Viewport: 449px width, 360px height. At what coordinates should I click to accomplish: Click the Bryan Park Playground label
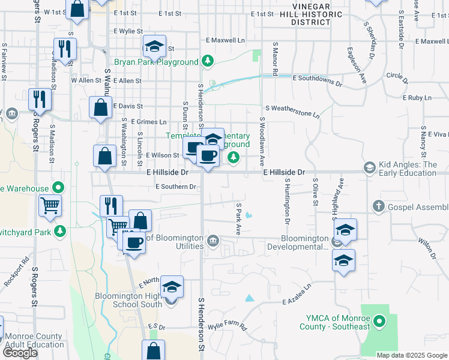[156, 62]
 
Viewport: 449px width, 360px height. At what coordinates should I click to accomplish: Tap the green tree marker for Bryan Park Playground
[207, 61]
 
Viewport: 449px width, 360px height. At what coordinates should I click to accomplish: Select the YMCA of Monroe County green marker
[379, 322]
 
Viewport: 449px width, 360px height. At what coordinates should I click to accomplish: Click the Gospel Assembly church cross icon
[379, 206]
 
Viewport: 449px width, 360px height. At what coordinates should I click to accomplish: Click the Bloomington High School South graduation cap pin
[172, 287]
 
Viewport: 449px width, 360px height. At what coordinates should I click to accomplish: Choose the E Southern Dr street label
[175, 187]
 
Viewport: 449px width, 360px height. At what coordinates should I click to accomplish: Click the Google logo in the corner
[20, 353]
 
